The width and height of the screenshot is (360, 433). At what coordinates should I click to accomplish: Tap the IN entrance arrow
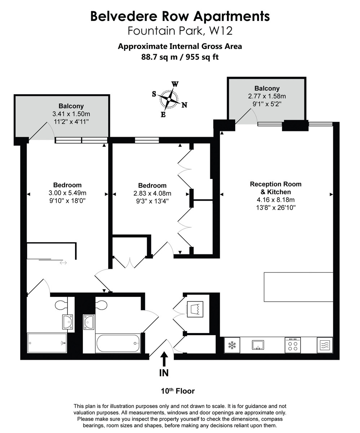click(x=164, y=360)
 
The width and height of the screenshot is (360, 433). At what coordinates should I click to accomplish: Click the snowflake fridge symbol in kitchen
click(x=232, y=345)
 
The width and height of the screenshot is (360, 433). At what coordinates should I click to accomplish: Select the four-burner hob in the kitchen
click(x=293, y=345)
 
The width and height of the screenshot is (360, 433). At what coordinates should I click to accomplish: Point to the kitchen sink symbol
click(x=258, y=345)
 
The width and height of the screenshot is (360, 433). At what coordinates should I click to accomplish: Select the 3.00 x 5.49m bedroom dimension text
click(x=67, y=193)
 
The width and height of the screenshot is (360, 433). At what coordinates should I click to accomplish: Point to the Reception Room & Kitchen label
click(x=276, y=188)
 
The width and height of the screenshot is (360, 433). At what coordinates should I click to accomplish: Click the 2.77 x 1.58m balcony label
click(x=267, y=96)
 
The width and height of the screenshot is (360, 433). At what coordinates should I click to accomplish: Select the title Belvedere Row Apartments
click(x=180, y=16)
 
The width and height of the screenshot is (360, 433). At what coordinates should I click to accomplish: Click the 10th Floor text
click(x=177, y=391)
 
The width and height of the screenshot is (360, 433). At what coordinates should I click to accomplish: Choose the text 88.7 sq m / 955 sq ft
click(x=180, y=57)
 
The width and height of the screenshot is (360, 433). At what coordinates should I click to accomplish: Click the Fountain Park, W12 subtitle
click(x=180, y=31)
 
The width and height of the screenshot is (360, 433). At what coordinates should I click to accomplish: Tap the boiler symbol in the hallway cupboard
click(x=195, y=309)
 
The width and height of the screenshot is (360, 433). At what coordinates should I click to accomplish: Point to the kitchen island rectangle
click(x=298, y=287)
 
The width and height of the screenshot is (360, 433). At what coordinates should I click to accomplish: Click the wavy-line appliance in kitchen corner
click(x=325, y=345)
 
